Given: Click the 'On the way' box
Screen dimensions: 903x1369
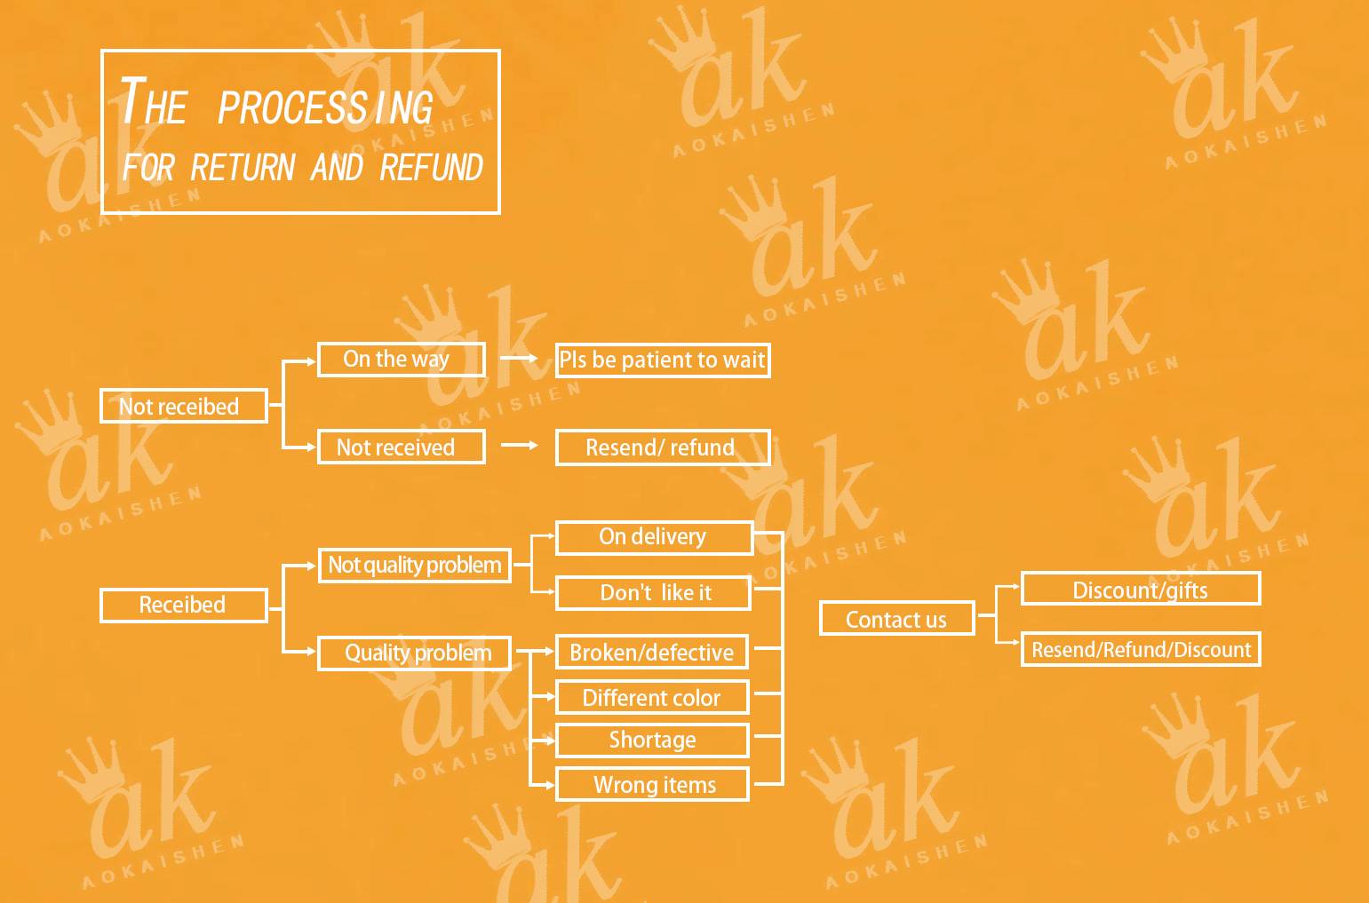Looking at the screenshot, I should [401, 360].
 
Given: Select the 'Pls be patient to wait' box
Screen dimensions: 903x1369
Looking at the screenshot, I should [662, 360].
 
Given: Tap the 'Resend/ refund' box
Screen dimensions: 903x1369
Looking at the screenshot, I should [662, 448].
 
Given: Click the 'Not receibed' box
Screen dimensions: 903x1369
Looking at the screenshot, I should [183, 407].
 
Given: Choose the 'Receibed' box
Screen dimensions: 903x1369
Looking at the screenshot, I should [183, 606].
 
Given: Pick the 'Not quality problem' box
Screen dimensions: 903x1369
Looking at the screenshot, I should [414, 566].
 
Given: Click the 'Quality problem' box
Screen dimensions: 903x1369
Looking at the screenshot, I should [414, 653].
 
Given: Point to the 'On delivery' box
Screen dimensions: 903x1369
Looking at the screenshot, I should [653, 537].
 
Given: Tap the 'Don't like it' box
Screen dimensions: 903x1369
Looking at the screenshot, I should [653, 593].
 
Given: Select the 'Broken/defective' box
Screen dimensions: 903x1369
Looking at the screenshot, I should [652, 653].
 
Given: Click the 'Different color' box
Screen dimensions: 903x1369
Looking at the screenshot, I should [652, 698].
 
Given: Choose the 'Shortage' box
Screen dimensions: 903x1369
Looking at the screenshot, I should [652, 741].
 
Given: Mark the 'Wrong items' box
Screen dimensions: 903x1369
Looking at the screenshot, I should [652, 785].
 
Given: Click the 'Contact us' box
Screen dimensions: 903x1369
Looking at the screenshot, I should [895, 619].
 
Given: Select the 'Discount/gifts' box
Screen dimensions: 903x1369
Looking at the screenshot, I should [1140, 590].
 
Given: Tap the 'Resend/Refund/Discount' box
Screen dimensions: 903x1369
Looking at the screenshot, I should [1140, 650].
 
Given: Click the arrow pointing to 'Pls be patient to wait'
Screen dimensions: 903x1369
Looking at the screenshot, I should [520, 358].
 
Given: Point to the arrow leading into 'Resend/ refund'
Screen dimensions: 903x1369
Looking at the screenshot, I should [520, 445].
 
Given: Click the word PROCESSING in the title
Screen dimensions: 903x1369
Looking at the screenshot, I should [325, 107].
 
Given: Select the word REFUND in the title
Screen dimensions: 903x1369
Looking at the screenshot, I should [431, 168].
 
